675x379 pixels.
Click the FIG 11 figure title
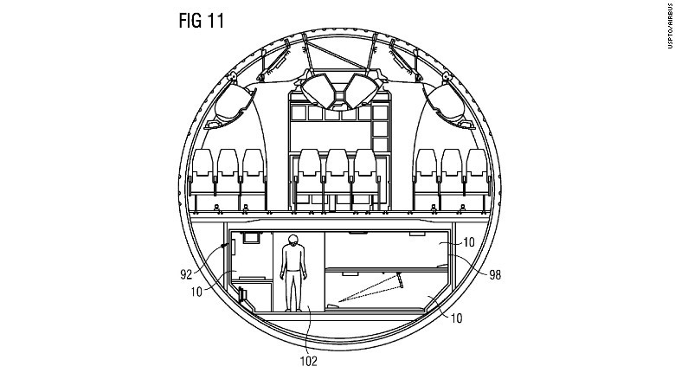click(x=202, y=21)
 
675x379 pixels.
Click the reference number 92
click(x=186, y=274)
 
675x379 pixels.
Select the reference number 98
click(x=495, y=275)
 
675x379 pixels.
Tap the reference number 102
click(x=309, y=361)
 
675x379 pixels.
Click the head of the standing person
click(x=293, y=241)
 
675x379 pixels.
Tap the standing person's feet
click(x=293, y=309)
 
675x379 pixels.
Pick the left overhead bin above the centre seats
click(x=318, y=91)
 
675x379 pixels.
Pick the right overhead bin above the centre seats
click(x=361, y=91)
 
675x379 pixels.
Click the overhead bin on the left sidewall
click(x=233, y=103)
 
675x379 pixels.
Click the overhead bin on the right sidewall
click(x=446, y=103)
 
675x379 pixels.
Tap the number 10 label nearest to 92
click(x=196, y=292)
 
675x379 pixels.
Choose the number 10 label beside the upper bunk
click(x=468, y=242)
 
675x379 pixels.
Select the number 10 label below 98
click(x=456, y=318)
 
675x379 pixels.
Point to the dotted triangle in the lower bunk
click(x=371, y=287)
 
